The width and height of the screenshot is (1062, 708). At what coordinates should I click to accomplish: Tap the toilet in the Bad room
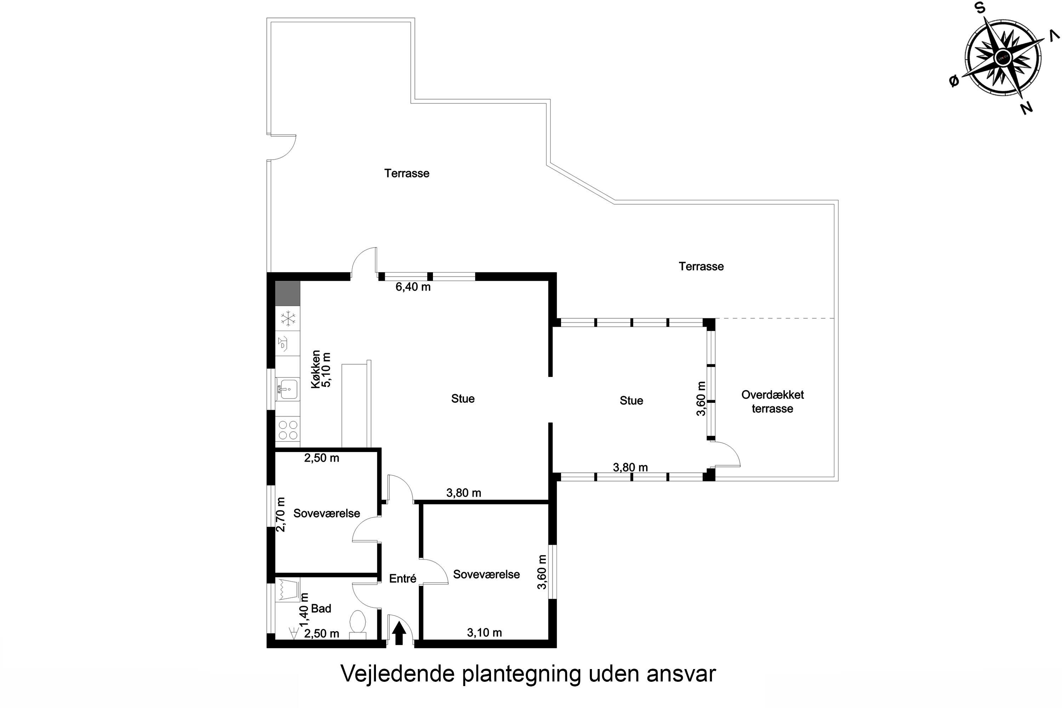pos(358,624)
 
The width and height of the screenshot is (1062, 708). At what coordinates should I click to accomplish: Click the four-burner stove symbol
pos(287,430)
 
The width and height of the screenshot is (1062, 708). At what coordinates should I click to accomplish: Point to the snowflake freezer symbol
pos(287,318)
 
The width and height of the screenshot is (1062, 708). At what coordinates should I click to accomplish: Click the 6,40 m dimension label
pos(413,287)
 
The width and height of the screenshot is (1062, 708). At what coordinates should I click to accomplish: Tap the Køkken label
pos(316,369)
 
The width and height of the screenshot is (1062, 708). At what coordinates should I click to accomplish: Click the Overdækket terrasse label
pos(772,401)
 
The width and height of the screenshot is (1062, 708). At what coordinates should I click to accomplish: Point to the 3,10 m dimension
pos(484,633)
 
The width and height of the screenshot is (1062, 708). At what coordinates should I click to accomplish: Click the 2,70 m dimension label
pos(280,514)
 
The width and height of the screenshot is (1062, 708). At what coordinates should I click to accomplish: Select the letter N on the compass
pos(1026,108)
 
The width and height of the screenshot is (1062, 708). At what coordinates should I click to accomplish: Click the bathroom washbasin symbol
pos(287,589)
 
